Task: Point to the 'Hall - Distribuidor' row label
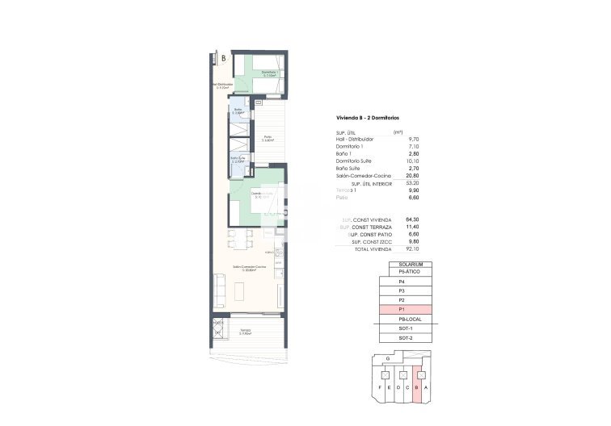355,140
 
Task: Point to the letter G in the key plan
389,357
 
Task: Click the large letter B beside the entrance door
223,58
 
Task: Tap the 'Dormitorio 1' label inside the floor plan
270,73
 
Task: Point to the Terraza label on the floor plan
245,331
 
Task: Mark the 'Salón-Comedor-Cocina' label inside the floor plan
248,267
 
